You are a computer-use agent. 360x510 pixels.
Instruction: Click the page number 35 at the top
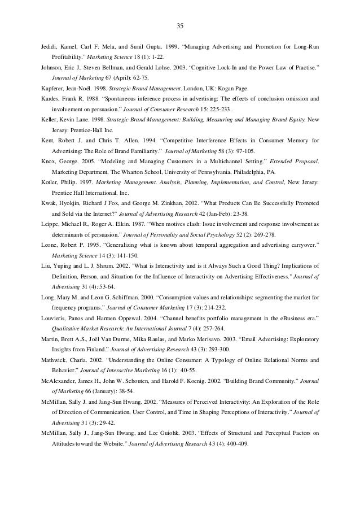pyautogui.click(x=180, y=26)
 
